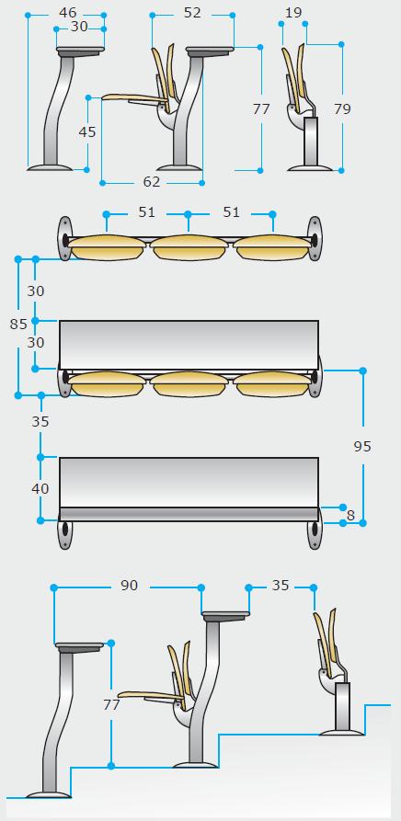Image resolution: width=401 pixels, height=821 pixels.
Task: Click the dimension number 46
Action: click(67, 13)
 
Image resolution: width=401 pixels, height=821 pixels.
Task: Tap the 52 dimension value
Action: click(192, 13)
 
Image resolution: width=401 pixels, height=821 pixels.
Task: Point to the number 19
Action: click(293, 13)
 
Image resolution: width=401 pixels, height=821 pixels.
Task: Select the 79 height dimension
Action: click(342, 108)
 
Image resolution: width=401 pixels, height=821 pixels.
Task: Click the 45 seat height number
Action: click(87, 132)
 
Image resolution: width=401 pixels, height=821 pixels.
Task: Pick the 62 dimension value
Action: click(151, 182)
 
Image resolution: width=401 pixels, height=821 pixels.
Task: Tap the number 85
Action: click(18, 325)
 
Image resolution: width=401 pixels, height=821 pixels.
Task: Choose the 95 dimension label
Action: click(362, 446)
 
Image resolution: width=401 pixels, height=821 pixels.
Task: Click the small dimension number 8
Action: click(350, 515)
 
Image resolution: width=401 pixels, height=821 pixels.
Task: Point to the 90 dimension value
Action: click(129, 586)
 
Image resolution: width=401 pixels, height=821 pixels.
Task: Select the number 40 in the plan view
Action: click(40, 488)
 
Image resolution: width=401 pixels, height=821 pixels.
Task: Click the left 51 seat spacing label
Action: click(147, 212)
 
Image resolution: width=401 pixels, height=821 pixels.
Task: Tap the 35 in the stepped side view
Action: click(281, 586)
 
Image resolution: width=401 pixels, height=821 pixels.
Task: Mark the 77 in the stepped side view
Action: click(111, 705)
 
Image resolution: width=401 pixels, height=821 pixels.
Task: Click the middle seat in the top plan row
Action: click(189, 247)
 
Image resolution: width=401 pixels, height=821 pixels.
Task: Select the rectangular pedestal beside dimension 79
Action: click(311, 141)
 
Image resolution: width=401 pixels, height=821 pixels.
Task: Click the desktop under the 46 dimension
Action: click(80, 51)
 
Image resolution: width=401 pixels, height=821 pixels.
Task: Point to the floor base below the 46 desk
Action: click(50, 167)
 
